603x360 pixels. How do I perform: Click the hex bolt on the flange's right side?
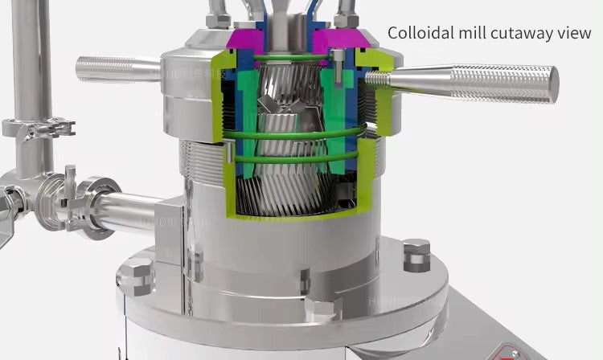416,254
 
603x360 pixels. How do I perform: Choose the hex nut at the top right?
347,18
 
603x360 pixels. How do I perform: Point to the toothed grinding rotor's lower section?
289,189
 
